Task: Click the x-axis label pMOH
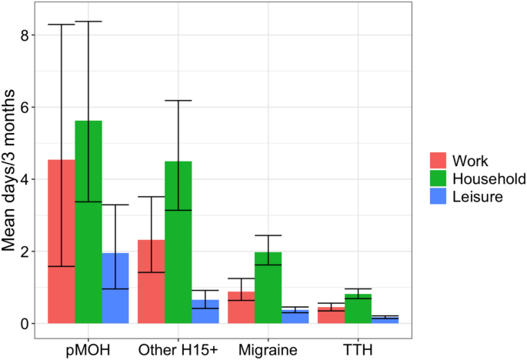coord(88,350)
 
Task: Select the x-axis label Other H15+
coord(178,350)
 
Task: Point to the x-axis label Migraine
coord(268,350)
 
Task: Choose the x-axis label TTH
coord(357,350)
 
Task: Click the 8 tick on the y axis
coord(25,35)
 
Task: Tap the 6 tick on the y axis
coord(25,108)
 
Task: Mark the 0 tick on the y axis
coord(25,324)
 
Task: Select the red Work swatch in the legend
coord(438,161)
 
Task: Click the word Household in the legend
coord(489,179)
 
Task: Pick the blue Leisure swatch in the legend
coord(438,197)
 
